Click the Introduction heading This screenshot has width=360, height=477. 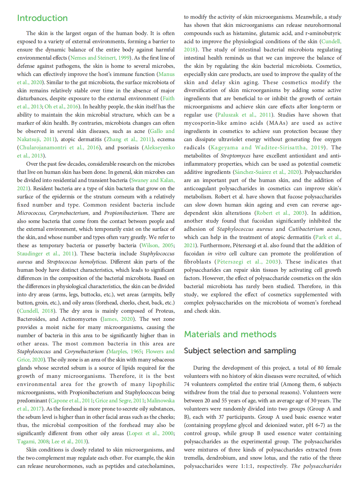[x=42, y=18]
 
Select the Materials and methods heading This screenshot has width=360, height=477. [x=230, y=334]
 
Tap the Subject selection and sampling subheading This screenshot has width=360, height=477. [x=240, y=351]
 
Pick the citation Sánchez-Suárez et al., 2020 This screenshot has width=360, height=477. [x=267, y=172]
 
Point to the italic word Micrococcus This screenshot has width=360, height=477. [x=31, y=213]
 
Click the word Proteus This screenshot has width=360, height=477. [x=164, y=311]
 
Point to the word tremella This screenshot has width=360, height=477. [x=193, y=458]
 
